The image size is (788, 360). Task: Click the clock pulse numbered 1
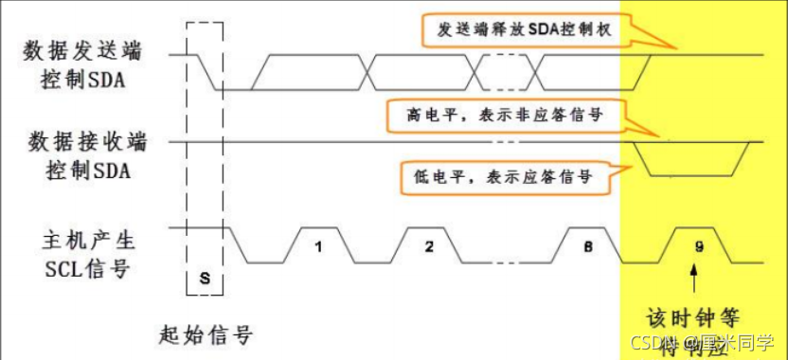click(319, 245)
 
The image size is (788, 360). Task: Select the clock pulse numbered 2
click(429, 245)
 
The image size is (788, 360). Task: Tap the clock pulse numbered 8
click(587, 245)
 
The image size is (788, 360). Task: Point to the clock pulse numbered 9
click(698, 245)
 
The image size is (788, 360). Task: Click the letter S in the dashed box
click(205, 279)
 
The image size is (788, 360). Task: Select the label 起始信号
click(206, 334)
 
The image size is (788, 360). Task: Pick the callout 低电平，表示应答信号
click(502, 175)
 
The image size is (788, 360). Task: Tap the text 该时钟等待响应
click(697, 328)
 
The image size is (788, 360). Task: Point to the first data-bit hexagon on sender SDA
click(315, 72)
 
